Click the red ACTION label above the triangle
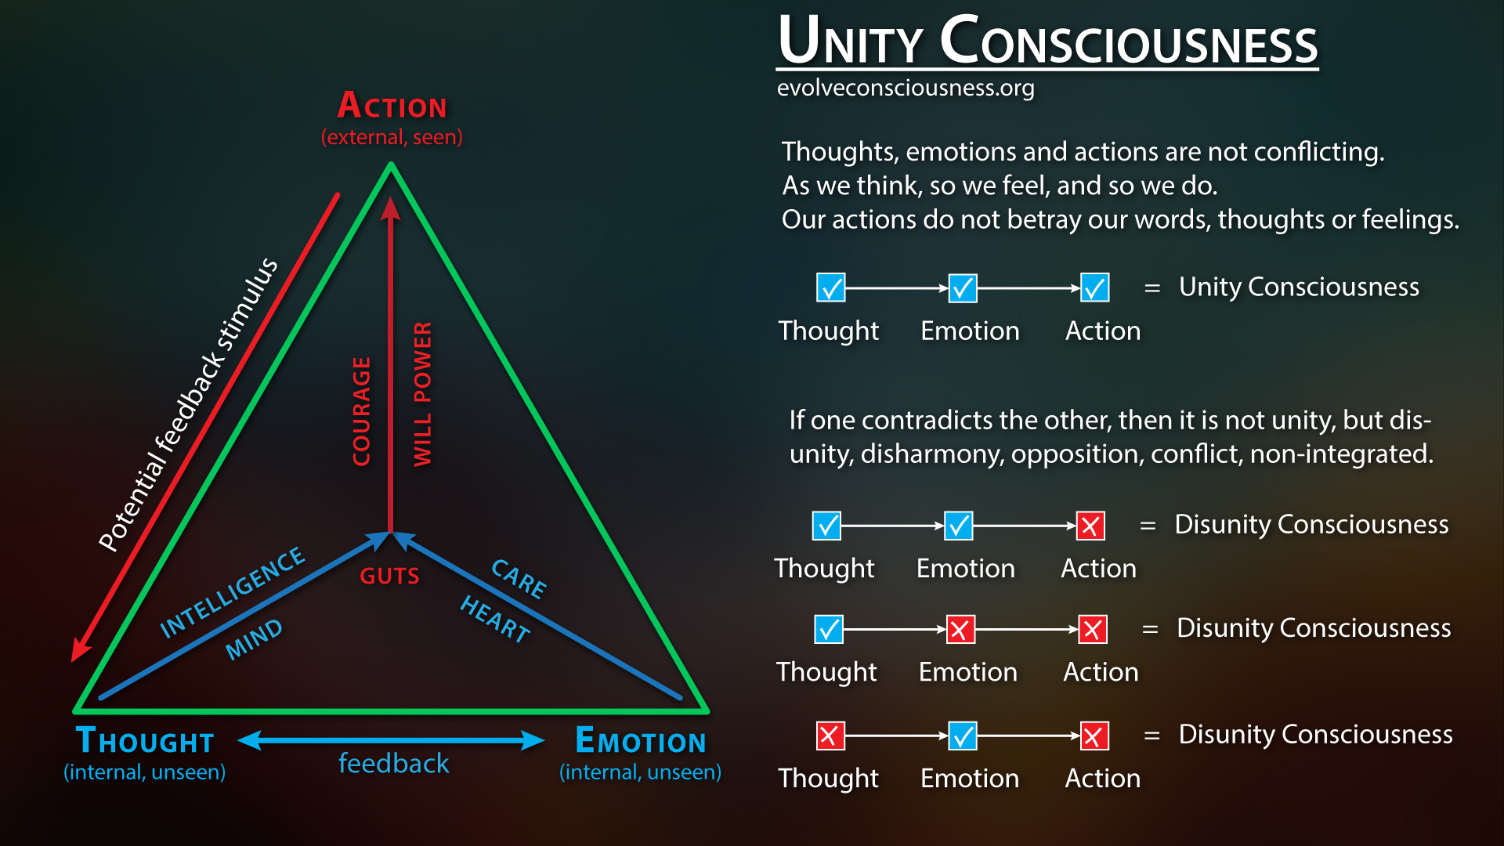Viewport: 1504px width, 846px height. coord(392,107)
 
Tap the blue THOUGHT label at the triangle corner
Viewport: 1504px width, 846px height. coord(145,741)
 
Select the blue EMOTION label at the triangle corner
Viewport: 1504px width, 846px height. coord(641,741)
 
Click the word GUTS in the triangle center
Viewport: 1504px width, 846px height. coord(389,577)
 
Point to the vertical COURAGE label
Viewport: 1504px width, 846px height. coord(361,411)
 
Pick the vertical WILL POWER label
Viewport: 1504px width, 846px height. coord(422,394)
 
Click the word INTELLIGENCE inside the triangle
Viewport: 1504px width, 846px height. coord(232,591)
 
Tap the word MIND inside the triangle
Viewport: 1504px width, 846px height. coord(253,639)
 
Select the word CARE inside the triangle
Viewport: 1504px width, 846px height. coord(519,579)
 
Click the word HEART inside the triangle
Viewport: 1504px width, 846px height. coord(495,619)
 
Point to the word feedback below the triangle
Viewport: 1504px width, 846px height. coord(393,764)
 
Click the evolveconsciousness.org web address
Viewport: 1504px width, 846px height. coord(906,88)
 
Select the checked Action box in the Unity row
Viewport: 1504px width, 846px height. coord(1094,287)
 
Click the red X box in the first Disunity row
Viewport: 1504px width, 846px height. coord(1090,526)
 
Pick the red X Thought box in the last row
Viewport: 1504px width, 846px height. coord(830,736)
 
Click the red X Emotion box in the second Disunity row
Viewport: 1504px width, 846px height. coord(960,629)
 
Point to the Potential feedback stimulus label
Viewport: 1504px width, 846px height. coord(188,404)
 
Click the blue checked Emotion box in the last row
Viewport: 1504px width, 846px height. coord(962,736)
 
